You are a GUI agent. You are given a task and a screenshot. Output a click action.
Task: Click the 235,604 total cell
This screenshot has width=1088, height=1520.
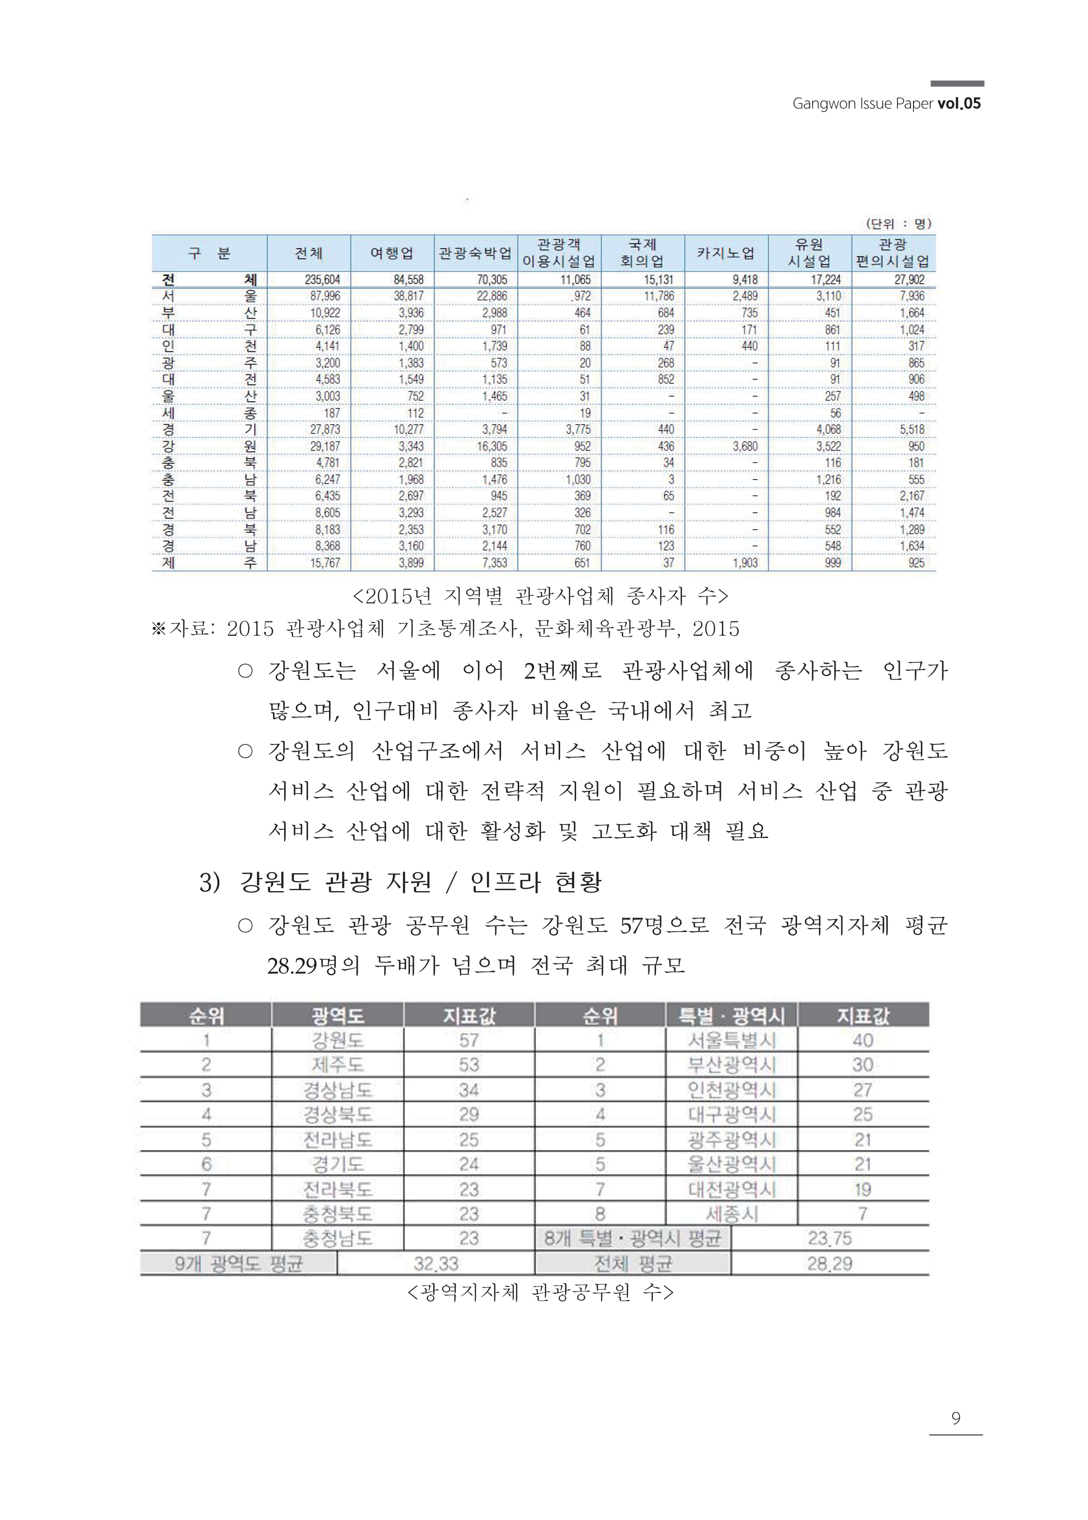pyautogui.click(x=322, y=279)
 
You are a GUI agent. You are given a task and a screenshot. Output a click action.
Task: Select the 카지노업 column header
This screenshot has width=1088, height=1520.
pyautogui.click(x=725, y=253)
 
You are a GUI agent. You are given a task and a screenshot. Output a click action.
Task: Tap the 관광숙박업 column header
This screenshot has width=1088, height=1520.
pyautogui.click(x=475, y=253)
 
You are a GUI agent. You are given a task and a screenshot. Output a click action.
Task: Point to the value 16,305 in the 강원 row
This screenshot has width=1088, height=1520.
pyautogui.click(x=492, y=446)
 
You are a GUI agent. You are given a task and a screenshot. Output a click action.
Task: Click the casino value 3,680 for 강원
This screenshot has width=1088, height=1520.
pyautogui.click(x=745, y=446)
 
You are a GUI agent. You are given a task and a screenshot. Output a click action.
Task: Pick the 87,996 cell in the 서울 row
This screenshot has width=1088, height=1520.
pyautogui.click(x=325, y=296)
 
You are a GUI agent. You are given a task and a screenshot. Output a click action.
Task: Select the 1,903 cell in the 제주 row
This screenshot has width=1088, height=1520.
pyautogui.click(x=745, y=563)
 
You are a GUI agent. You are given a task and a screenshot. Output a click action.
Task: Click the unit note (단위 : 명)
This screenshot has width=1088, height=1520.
pyautogui.click(x=898, y=224)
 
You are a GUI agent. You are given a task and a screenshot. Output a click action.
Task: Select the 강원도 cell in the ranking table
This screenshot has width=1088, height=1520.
pyautogui.click(x=338, y=1040)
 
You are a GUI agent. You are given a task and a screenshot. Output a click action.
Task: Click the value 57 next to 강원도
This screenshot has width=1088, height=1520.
pyautogui.click(x=469, y=1040)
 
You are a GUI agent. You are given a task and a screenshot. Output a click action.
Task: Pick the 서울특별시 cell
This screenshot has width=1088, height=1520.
pyautogui.click(x=732, y=1040)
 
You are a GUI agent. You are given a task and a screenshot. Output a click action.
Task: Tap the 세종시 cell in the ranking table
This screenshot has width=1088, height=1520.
pyautogui.click(x=732, y=1214)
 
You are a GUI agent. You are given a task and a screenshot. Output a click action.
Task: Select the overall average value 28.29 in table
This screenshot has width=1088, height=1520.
pyautogui.click(x=829, y=1264)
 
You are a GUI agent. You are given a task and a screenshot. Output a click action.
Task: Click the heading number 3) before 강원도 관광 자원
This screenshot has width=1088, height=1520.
pyautogui.click(x=210, y=882)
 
